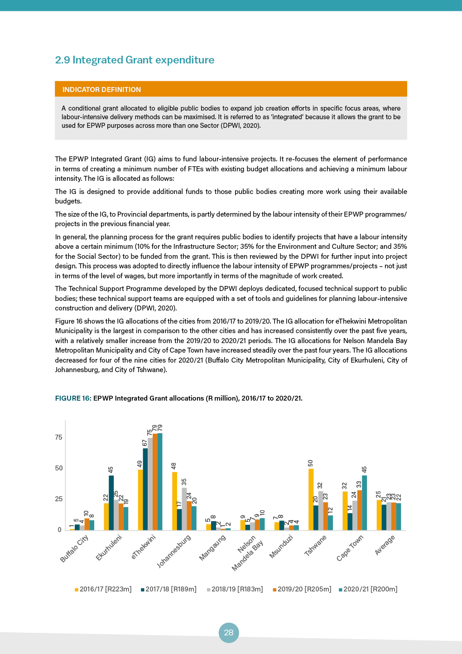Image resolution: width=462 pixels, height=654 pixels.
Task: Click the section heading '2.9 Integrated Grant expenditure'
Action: (135, 60)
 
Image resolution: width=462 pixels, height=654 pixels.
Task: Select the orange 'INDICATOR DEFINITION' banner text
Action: (101, 89)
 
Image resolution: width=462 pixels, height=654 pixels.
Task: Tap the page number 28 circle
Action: (229, 632)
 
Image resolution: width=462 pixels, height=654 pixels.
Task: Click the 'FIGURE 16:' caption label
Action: (73, 398)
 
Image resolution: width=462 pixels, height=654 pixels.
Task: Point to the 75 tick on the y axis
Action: (59, 437)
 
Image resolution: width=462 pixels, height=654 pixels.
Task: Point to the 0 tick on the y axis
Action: (59, 530)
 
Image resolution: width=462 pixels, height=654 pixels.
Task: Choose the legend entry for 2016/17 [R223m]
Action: (103, 589)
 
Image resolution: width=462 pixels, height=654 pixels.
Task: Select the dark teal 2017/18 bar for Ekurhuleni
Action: (111, 503)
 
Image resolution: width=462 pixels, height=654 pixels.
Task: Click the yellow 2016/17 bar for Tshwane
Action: (311, 499)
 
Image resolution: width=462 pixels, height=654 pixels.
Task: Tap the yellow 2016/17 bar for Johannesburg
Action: (174, 501)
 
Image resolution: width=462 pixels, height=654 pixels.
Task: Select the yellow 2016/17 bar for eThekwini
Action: (140, 500)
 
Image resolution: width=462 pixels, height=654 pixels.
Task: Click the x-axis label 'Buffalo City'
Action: (74, 548)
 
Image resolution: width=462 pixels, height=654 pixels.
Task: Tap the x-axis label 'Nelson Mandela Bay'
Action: (247, 553)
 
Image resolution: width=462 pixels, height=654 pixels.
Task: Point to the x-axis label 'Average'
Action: (385, 545)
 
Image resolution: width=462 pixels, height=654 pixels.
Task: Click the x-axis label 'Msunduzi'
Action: (281, 547)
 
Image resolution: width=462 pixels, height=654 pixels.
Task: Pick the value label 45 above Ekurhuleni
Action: (111, 470)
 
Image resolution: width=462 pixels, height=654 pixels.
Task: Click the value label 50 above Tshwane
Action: (311, 463)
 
